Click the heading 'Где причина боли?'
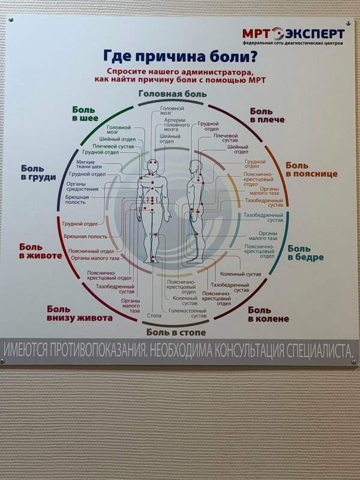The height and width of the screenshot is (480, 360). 181,58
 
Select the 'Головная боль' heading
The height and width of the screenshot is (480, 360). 173,94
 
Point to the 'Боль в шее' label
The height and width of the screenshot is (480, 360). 85,114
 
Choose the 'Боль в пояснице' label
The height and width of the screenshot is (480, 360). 311,170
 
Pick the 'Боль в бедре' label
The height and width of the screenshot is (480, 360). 305,253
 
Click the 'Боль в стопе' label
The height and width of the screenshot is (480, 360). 176,332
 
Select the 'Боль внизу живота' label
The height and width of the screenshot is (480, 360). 80,313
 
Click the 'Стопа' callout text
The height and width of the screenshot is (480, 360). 155,314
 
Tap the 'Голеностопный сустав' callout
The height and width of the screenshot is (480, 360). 187,314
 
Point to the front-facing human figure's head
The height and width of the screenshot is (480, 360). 152,164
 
